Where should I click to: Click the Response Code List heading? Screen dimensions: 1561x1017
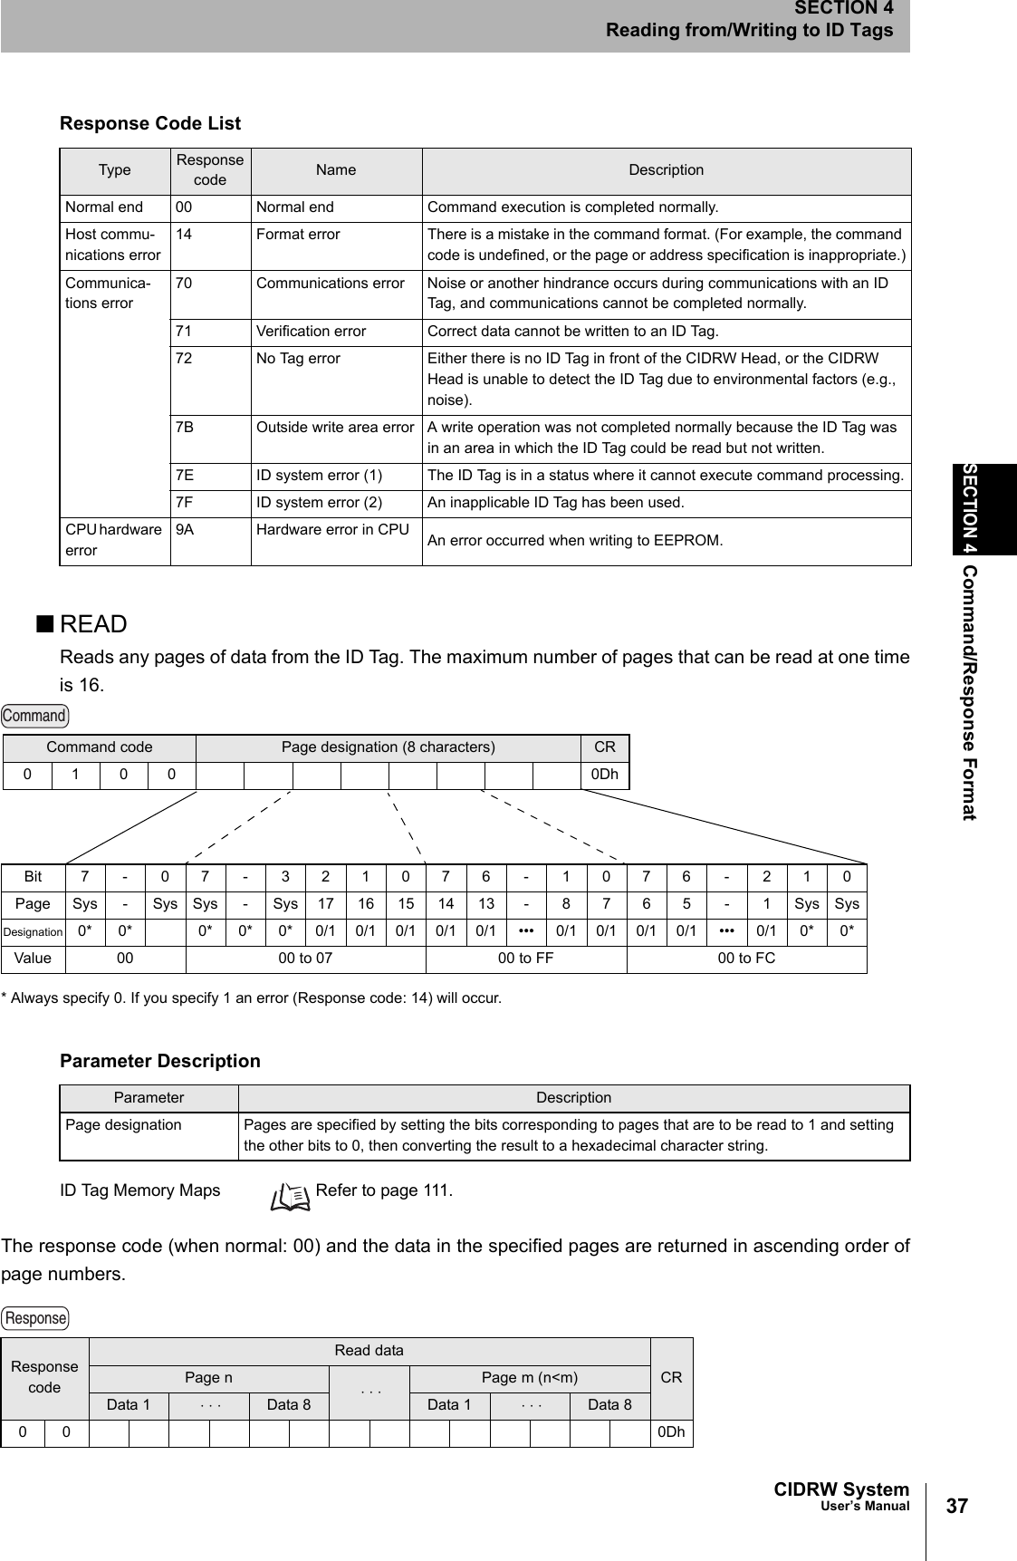[150, 123]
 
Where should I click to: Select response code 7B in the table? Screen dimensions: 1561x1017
[185, 427]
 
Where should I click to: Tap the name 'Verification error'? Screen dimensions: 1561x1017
[311, 332]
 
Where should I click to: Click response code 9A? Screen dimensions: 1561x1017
[185, 529]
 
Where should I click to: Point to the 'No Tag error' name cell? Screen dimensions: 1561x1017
[298, 359]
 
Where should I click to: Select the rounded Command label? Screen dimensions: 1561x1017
[34, 716]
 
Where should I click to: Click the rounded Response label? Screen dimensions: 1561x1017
[35, 1317]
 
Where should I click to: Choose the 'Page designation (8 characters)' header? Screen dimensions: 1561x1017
[388, 747]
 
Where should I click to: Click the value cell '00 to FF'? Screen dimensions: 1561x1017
[526, 959]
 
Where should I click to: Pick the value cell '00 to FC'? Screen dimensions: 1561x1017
[746, 959]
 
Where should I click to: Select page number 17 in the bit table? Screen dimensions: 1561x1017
[325, 904]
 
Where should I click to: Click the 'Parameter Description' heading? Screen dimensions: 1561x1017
[159, 1061]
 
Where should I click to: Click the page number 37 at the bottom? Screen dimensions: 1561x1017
[955, 1507]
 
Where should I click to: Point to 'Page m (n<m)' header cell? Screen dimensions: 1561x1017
[530, 1378]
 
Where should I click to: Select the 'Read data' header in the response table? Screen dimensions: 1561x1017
[369, 1351]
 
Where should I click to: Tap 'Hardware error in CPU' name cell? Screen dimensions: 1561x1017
[332, 529]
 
